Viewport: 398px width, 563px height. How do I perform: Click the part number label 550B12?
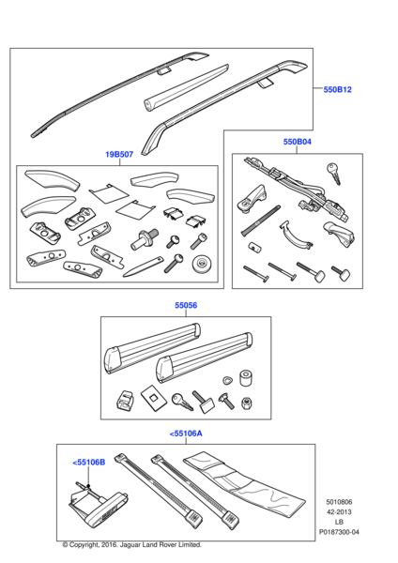point(337,89)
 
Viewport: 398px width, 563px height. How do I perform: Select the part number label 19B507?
point(119,155)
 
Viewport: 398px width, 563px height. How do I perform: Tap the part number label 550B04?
point(297,142)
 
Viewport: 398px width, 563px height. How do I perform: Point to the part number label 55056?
point(186,305)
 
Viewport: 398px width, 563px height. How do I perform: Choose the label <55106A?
point(186,434)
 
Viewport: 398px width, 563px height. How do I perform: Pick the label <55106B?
point(89,462)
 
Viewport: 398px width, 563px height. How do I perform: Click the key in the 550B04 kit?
point(334,173)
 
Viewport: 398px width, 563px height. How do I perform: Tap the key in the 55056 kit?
point(182,402)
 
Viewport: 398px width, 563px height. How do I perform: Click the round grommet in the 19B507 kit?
point(203,265)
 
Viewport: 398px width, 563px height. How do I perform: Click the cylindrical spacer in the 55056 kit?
point(246,378)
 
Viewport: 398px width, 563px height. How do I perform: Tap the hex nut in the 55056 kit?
point(246,403)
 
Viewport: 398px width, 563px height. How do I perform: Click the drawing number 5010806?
point(339,502)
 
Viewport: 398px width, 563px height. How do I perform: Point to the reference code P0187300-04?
point(339,532)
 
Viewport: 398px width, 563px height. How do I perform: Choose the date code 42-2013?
point(339,512)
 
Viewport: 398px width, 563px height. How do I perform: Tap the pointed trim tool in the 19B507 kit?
point(143,266)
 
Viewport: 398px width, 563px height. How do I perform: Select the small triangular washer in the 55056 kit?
point(227,380)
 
